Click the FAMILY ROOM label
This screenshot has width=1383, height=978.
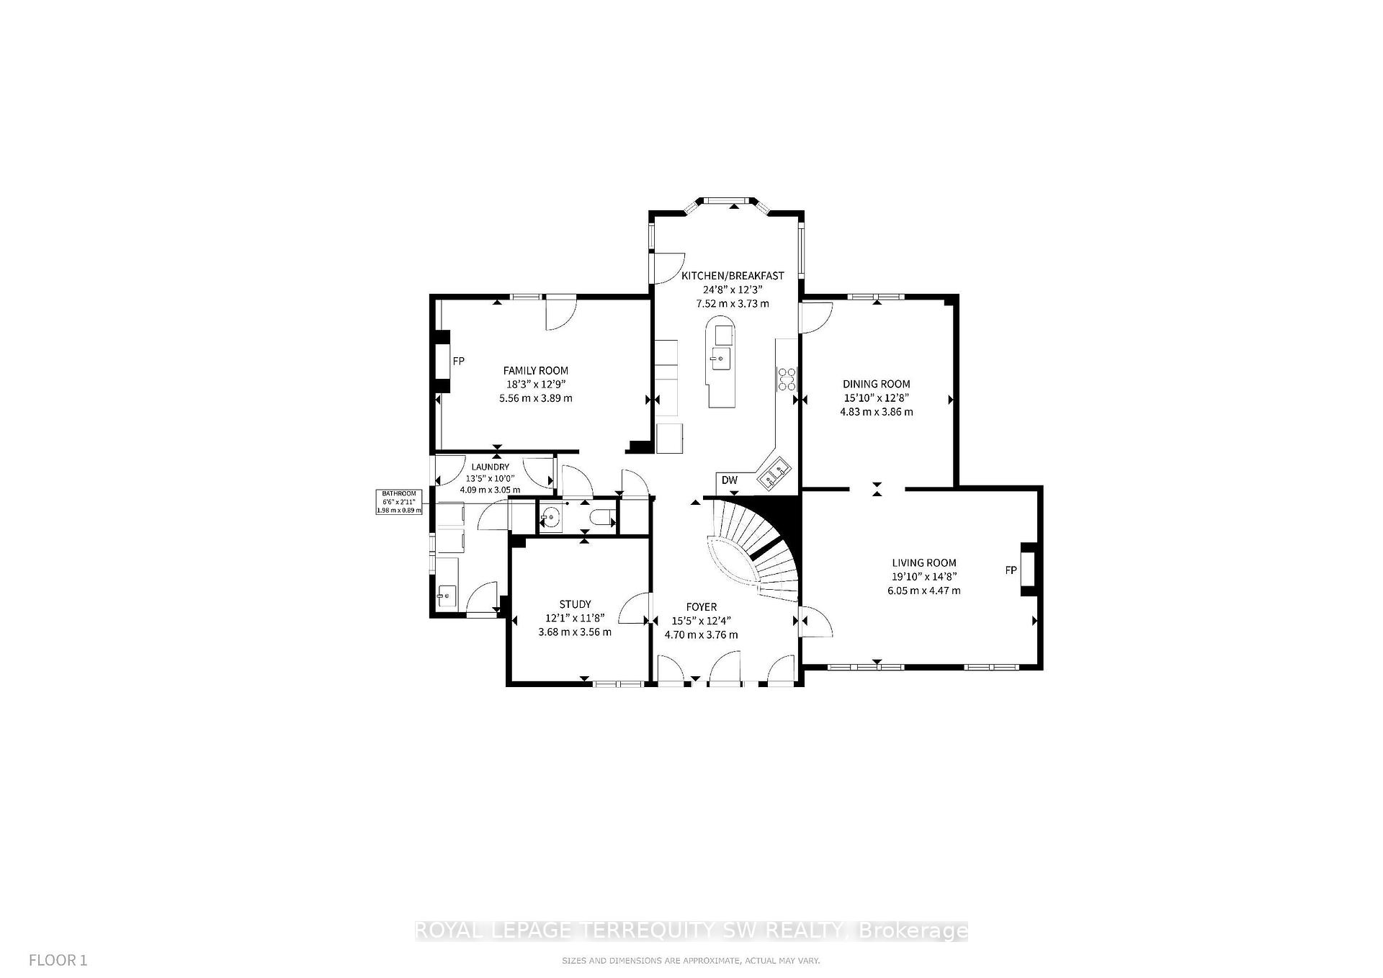[535, 371]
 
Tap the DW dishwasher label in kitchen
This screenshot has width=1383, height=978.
[729, 480]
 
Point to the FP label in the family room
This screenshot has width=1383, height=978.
[458, 361]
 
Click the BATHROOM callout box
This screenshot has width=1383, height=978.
[398, 502]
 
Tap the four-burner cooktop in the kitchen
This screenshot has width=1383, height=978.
[787, 379]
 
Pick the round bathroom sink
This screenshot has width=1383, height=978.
[551, 517]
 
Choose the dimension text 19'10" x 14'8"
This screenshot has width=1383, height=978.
[923, 576]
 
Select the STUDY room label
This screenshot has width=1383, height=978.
[575, 604]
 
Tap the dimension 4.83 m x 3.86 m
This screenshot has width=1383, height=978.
[876, 412]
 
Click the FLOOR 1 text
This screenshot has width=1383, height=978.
[58, 960]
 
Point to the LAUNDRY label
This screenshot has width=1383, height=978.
[490, 467]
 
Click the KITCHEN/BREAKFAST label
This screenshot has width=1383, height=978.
[733, 276]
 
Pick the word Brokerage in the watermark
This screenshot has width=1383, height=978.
[913, 931]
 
